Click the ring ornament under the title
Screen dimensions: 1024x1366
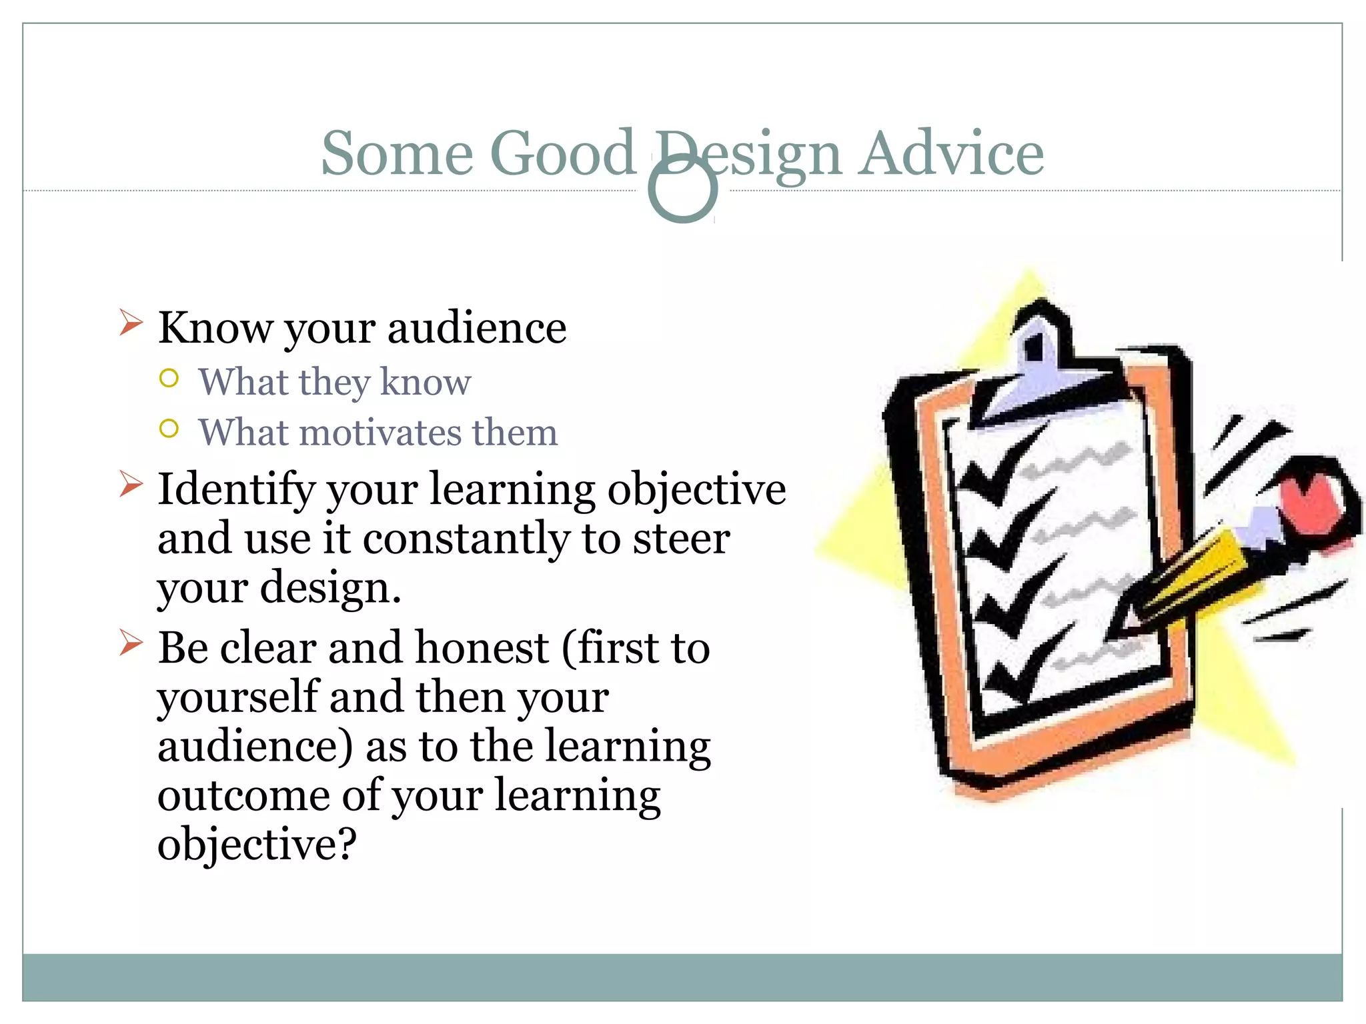pyautogui.click(x=682, y=190)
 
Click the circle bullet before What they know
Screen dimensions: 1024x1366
pyautogui.click(x=169, y=379)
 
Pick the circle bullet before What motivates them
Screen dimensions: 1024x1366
pyautogui.click(x=169, y=429)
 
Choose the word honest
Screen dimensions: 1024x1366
pyautogui.click(x=482, y=648)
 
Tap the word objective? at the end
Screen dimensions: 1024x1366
pyautogui.click(x=257, y=844)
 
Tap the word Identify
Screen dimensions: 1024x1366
pyautogui.click(x=235, y=489)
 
